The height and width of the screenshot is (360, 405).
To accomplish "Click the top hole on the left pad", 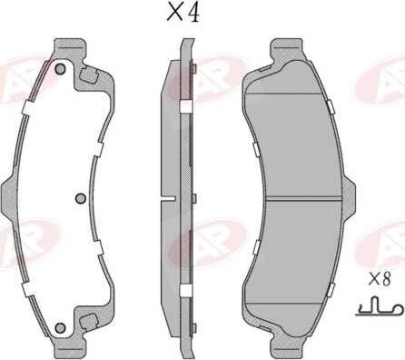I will click(60, 69).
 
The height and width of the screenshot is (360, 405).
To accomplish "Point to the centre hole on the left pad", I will click(80, 198).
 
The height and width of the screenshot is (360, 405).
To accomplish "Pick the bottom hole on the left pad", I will click(60, 328).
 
